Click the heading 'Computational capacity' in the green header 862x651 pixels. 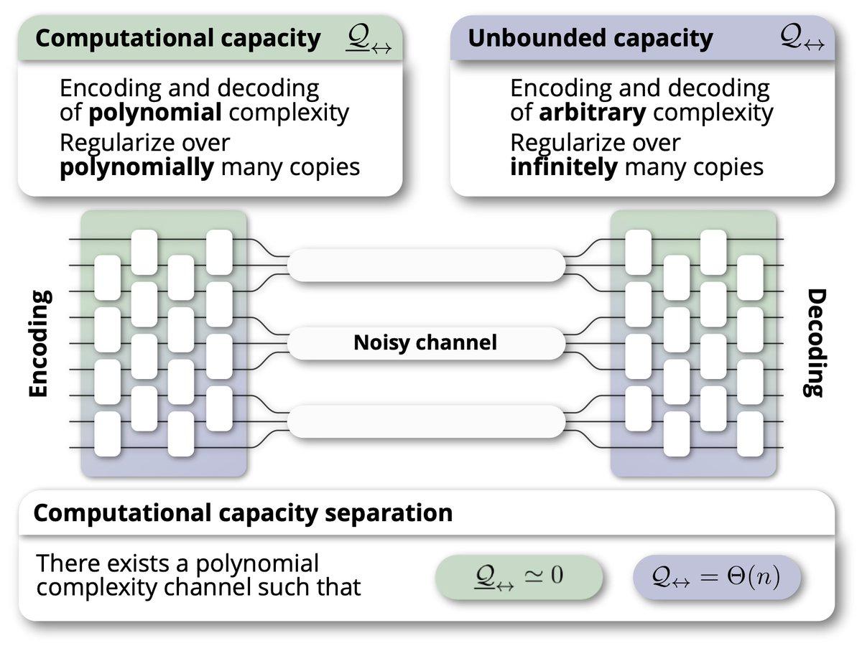pos(177,39)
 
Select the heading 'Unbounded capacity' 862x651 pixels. pos(590,39)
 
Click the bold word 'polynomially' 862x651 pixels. pos(136,167)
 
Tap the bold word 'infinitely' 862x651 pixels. pos(564,167)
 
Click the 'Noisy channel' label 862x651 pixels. pos(425,343)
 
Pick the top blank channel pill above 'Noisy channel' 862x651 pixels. pos(426,264)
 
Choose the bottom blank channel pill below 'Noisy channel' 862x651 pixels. pos(426,421)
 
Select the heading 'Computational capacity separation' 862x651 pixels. pos(243,514)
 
